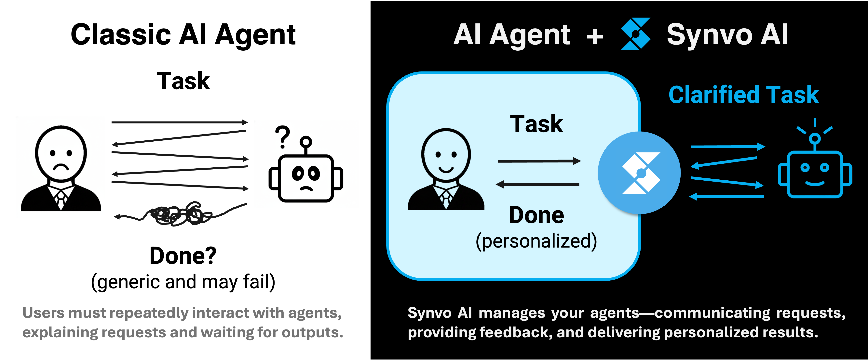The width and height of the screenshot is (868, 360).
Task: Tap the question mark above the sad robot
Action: coord(282,137)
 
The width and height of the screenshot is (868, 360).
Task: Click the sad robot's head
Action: coord(306,178)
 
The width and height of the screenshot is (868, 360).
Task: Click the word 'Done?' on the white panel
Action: coord(183,256)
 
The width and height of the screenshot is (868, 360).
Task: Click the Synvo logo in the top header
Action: coord(635,34)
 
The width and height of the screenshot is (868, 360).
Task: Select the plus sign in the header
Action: coord(595,36)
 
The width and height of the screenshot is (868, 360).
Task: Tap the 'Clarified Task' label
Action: coord(744,95)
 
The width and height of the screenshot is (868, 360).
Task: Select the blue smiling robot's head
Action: coord(815,174)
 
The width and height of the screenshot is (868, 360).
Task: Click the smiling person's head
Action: coord(446,155)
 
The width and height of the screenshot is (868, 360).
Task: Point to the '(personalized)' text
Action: coord(536,241)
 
